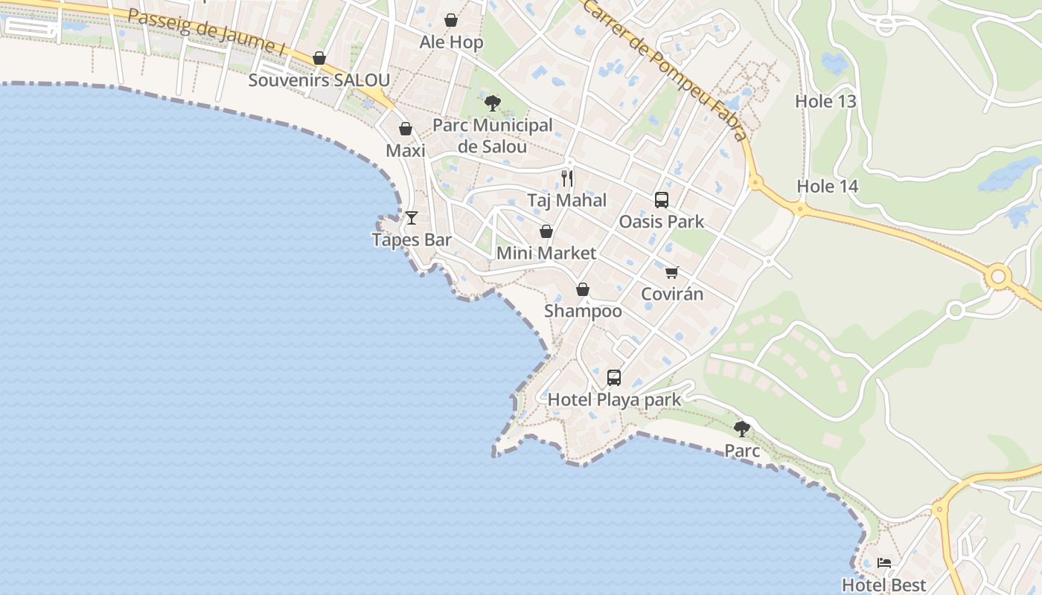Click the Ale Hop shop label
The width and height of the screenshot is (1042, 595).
click(451, 42)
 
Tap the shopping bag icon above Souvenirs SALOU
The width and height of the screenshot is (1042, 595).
click(319, 58)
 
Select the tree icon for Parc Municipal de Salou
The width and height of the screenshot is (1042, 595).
click(492, 103)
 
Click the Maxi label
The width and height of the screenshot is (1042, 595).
click(406, 151)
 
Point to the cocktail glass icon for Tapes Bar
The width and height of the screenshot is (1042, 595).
click(411, 218)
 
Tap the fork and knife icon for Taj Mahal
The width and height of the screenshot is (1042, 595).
click(567, 178)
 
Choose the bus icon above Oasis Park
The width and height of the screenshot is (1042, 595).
click(661, 199)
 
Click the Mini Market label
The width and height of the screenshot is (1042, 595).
click(546, 253)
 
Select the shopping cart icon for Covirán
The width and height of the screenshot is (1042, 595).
click(672, 272)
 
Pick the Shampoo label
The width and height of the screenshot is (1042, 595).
click(583, 311)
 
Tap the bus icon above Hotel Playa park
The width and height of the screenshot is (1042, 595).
click(614, 377)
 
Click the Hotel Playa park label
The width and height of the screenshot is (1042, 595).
click(614, 400)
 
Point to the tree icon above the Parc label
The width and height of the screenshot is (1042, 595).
click(742, 428)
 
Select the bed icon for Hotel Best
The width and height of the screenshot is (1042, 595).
click(884, 562)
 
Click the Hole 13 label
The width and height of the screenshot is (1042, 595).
click(826, 101)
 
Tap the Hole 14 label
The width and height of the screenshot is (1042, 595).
click(828, 186)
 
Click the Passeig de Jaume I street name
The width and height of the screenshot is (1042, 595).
click(207, 32)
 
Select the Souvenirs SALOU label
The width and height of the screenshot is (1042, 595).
click(319, 80)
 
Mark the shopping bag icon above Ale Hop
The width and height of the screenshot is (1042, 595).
click(451, 20)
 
